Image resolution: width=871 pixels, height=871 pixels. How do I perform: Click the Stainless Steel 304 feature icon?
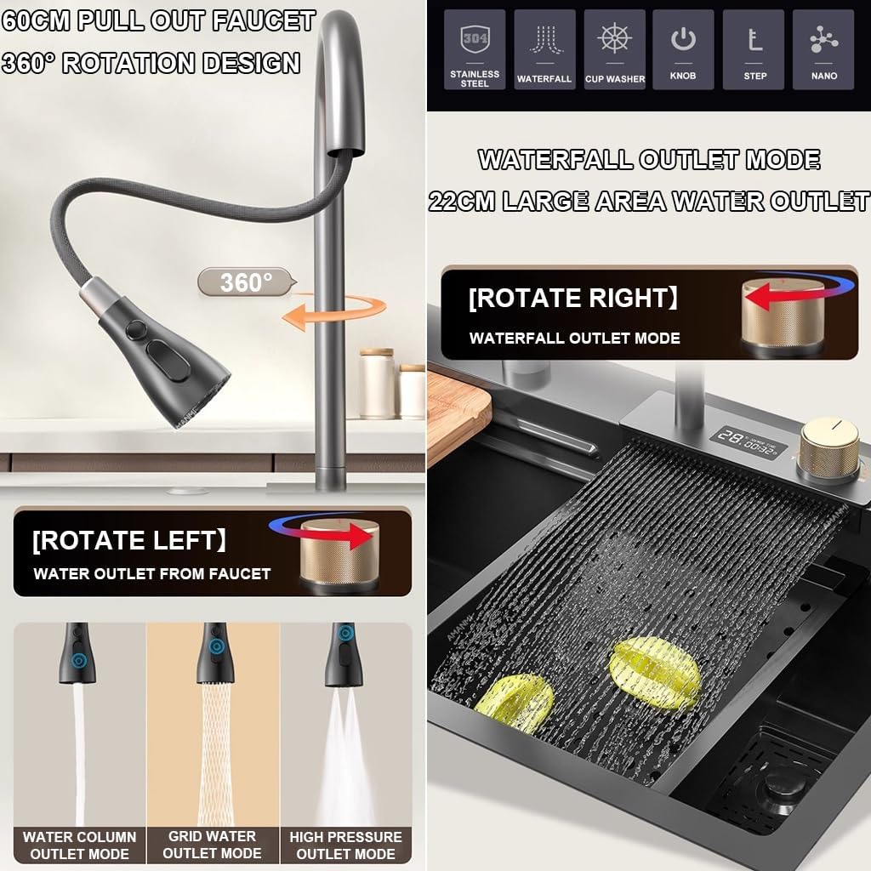[475, 49]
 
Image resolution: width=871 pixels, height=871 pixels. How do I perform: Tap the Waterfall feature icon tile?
[544, 49]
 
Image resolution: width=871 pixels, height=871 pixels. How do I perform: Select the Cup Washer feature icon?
[614, 49]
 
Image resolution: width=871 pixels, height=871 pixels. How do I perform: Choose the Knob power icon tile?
[683, 49]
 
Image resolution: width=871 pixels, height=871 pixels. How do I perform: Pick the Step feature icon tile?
[754, 49]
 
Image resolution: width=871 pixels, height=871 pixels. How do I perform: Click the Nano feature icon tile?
[823, 49]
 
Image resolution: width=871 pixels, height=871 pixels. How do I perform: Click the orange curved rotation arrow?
[335, 314]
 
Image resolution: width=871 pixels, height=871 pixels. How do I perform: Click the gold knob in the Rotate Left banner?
[339, 552]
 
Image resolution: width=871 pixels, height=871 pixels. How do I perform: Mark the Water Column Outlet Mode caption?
[79, 845]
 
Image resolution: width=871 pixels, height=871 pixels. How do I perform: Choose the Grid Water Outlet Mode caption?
[212, 845]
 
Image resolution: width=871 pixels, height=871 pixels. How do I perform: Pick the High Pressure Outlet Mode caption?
[345, 845]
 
